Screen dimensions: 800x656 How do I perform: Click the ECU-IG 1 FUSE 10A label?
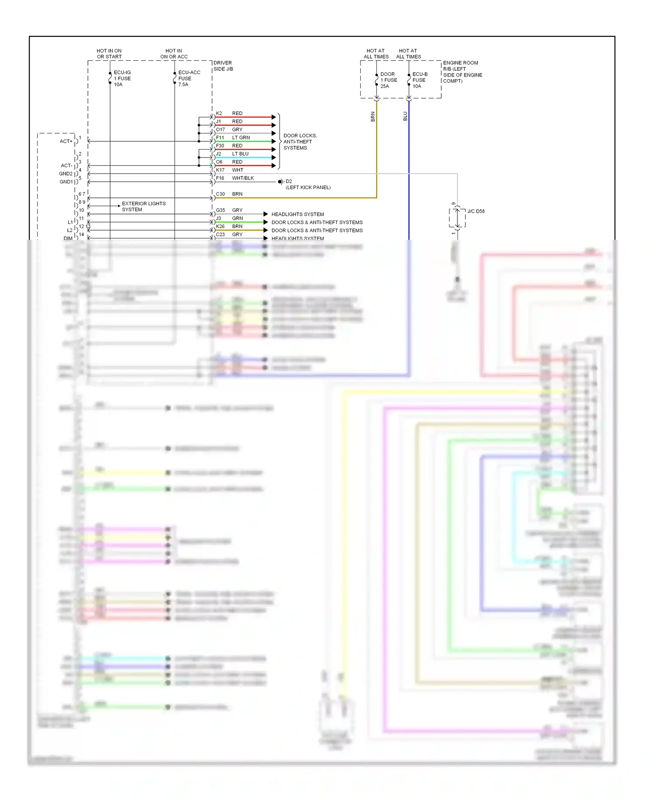point(122,79)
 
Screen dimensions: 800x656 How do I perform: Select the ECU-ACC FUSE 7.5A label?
point(189,79)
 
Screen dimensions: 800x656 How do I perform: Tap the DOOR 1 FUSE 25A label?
point(388,81)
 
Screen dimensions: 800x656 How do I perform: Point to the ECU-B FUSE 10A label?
point(420,81)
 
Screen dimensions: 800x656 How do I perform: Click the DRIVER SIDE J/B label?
point(223,66)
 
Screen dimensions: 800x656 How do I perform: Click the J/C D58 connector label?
point(476,211)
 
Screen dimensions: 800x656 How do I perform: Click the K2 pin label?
point(219,113)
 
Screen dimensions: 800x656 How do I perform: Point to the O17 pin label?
point(220,130)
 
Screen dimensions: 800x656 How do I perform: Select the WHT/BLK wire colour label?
point(243,178)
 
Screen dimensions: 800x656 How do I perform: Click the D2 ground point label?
point(289,181)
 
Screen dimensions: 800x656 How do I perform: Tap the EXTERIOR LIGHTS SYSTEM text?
point(143,207)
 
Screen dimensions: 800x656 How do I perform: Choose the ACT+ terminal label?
point(66,141)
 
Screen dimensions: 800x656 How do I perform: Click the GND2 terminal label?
point(66,174)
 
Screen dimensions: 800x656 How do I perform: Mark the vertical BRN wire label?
point(373,116)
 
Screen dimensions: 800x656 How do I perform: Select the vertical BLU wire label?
point(405,116)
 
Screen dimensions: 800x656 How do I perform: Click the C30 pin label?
point(220,194)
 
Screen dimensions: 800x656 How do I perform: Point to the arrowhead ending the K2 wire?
point(274,117)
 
